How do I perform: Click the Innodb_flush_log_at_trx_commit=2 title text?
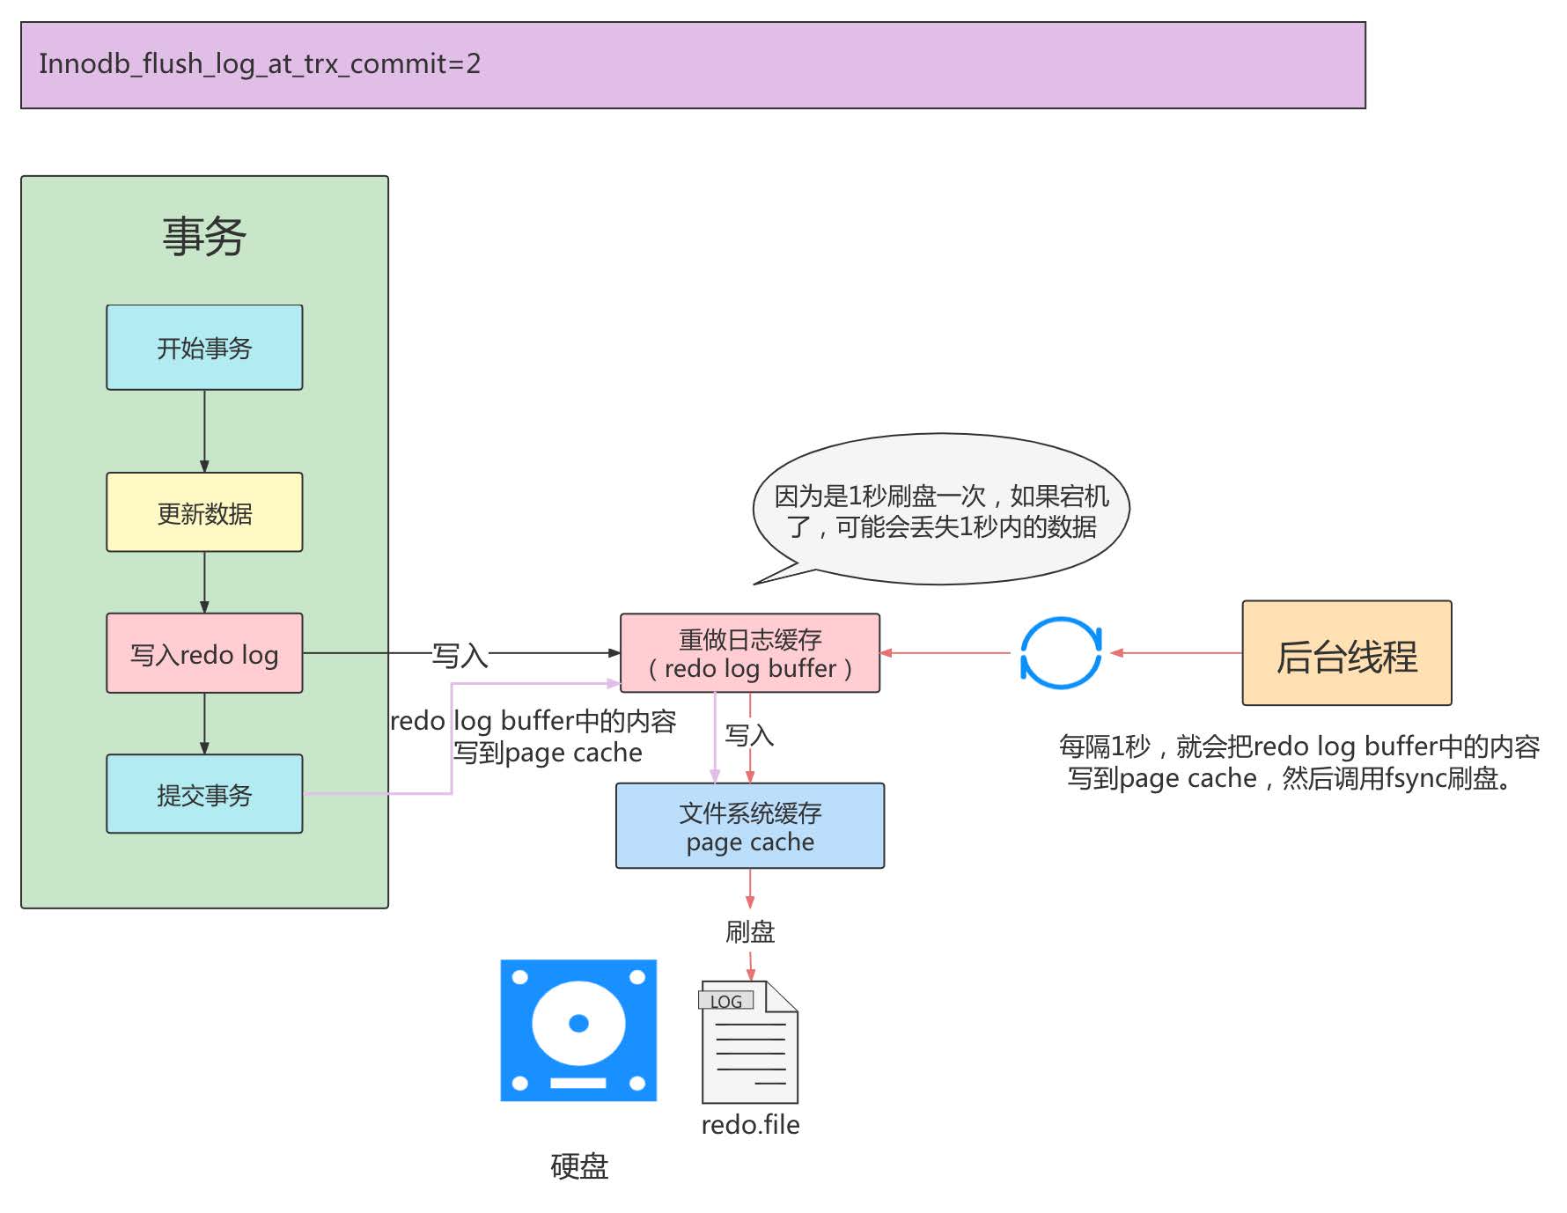click(x=260, y=63)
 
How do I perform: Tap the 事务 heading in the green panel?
click(x=204, y=237)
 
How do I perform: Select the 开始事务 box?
click(x=204, y=348)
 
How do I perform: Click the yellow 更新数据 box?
click(x=204, y=512)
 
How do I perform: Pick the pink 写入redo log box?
click(x=204, y=653)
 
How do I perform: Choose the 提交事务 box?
click(x=204, y=794)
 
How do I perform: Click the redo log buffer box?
click(x=750, y=653)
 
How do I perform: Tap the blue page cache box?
click(x=750, y=826)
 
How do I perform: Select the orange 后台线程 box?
click(x=1346, y=653)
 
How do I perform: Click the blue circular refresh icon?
click(x=1061, y=653)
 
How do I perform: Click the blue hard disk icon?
click(x=578, y=1030)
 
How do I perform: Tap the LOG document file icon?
click(x=749, y=1042)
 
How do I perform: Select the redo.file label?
click(x=750, y=1124)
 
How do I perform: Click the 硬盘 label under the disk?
click(x=578, y=1166)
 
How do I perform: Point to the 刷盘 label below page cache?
click(x=750, y=931)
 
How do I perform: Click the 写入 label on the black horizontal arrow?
click(x=460, y=655)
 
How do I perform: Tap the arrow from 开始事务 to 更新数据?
click(x=204, y=431)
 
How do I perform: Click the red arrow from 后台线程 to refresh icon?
click(x=1176, y=653)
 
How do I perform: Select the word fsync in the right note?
click(x=1415, y=779)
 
